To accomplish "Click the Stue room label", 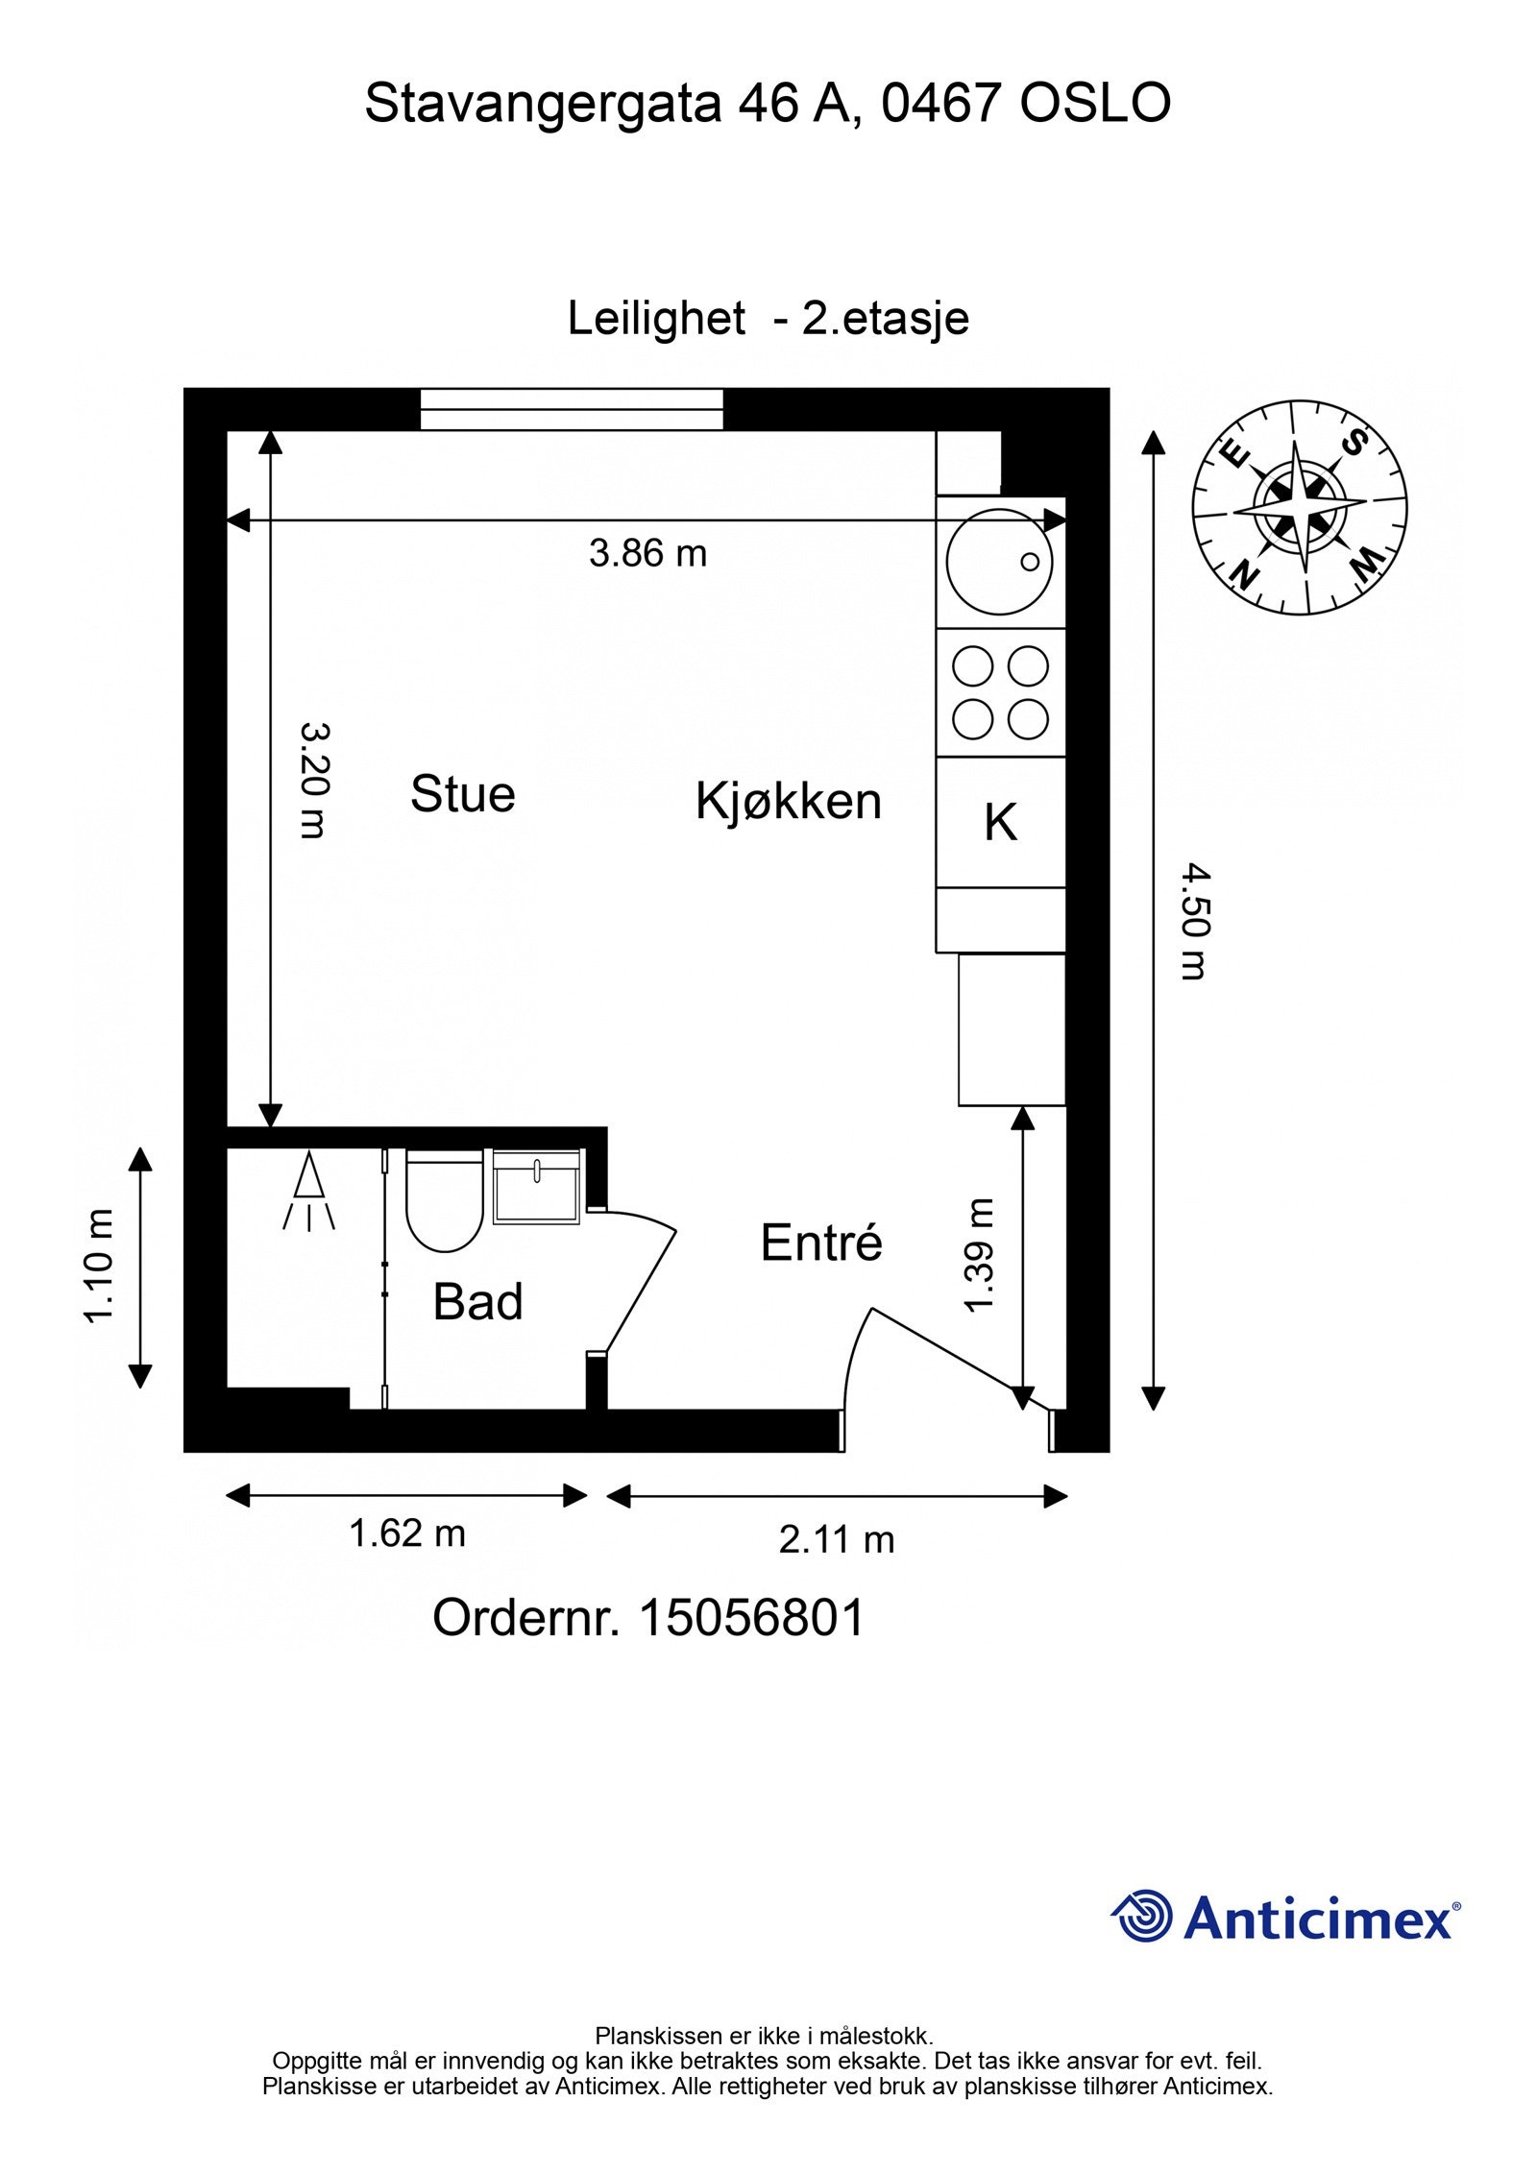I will tap(462, 795).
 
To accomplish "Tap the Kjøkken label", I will tap(788, 802).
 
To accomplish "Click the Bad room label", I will tap(477, 1302).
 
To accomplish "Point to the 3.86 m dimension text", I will tap(647, 554).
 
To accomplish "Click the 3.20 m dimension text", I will tap(314, 780).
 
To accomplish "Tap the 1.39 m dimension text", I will tap(979, 1255).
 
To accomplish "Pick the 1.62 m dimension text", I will tap(406, 1533).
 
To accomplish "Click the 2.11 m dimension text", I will tap(836, 1539).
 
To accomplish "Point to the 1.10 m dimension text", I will tap(100, 1267).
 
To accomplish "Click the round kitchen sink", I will tap(999, 562).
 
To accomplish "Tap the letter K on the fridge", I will tap(1000, 823).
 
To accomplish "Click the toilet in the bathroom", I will tap(444, 1200).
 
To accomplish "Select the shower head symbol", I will tap(308, 1192).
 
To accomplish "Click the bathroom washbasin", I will tap(536, 1187).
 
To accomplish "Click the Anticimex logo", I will tap(1285, 1917).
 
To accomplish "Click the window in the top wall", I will tap(572, 409).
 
